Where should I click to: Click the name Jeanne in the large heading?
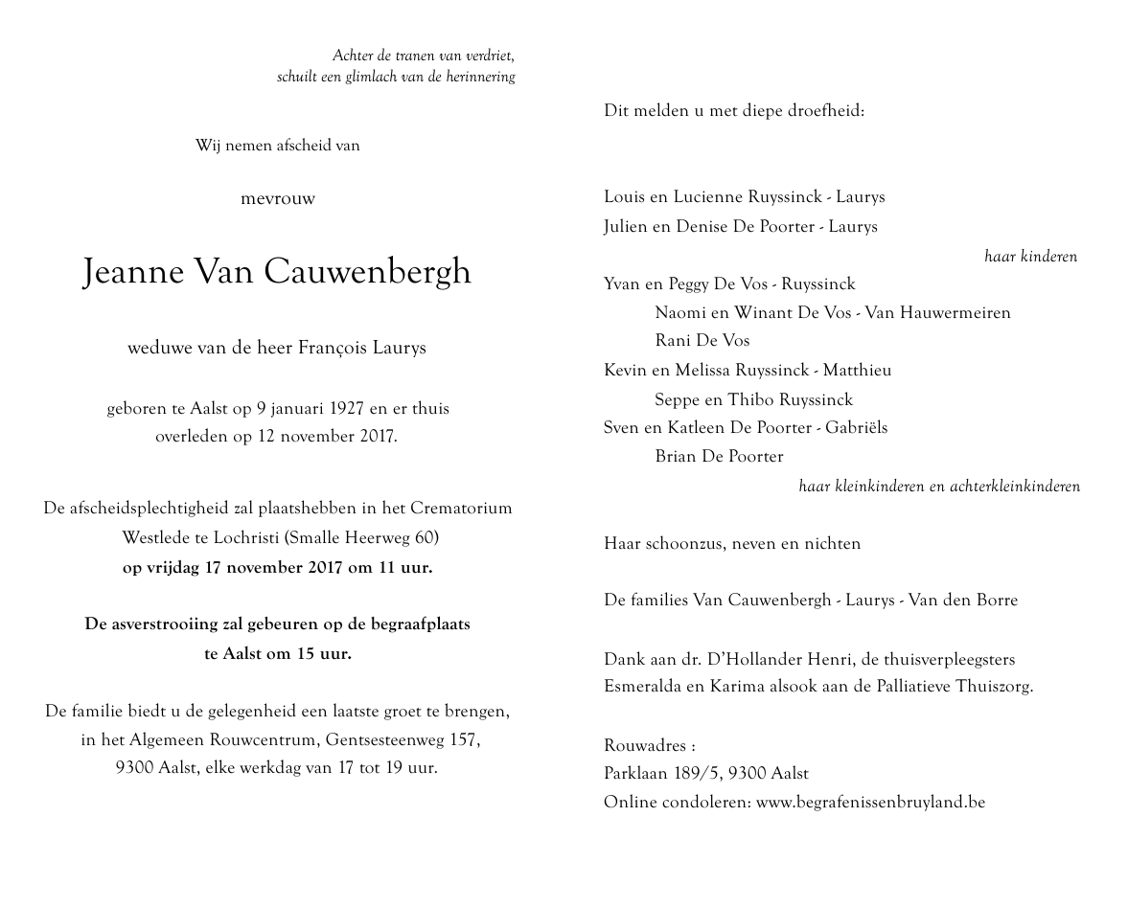point(134,273)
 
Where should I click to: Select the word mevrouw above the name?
point(278,199)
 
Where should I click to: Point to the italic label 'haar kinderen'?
point(1030,257)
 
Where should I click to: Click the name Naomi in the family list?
point(679,312)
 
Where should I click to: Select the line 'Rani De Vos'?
point(702,341)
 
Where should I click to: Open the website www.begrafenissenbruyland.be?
point(870,803)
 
